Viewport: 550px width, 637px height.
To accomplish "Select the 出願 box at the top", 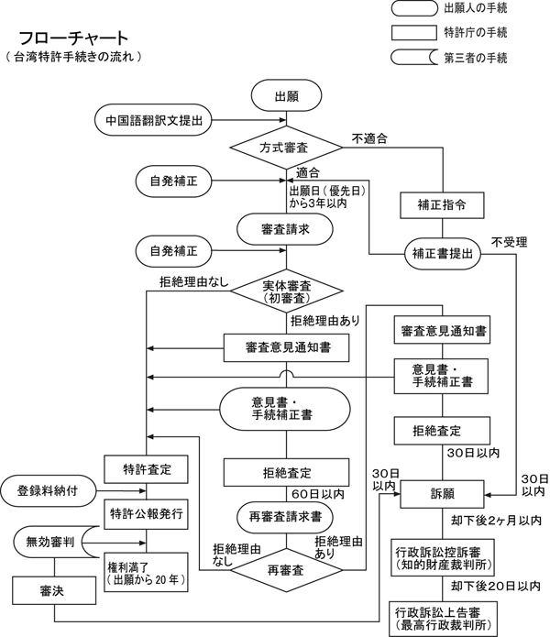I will pos(285,95).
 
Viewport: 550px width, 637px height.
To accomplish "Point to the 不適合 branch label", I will pos(368,138).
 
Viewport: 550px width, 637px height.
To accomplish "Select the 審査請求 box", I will pos(285,229).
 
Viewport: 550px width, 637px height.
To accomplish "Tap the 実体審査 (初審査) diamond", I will pos(285,292).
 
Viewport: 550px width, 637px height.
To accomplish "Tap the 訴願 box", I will pos(443,492).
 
